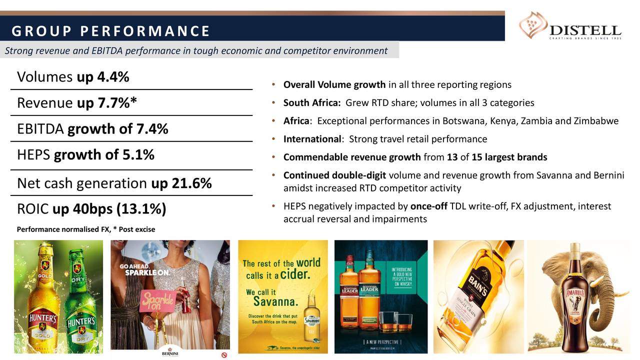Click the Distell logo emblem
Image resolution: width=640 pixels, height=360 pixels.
click(x=533, y=25)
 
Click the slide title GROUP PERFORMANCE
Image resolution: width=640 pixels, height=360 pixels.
click(x=110, y=31)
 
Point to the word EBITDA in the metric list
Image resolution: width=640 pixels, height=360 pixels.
click(x=40, y=129)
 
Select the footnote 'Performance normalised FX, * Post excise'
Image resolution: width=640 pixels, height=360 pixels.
click(x=86, y=229)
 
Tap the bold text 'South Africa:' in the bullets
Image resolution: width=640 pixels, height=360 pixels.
click(x=312, y=103)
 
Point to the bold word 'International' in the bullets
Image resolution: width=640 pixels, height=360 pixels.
click(x=311, y=139)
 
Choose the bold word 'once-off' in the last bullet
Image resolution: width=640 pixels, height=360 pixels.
click(x=428, y=206)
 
